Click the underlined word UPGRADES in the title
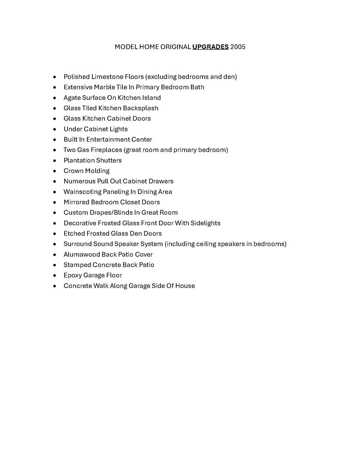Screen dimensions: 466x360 pos(210,47)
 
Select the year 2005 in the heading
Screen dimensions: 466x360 pos(238,47)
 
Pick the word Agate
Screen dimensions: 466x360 pos(73,98)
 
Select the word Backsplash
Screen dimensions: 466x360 pos(140,108)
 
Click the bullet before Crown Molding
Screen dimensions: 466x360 pos(55,171)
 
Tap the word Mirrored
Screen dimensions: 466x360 pos(76,202)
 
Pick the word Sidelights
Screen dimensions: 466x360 pos(203,223)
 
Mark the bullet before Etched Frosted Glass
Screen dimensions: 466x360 pos(55,234)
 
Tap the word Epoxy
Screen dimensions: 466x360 pos(73,276)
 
